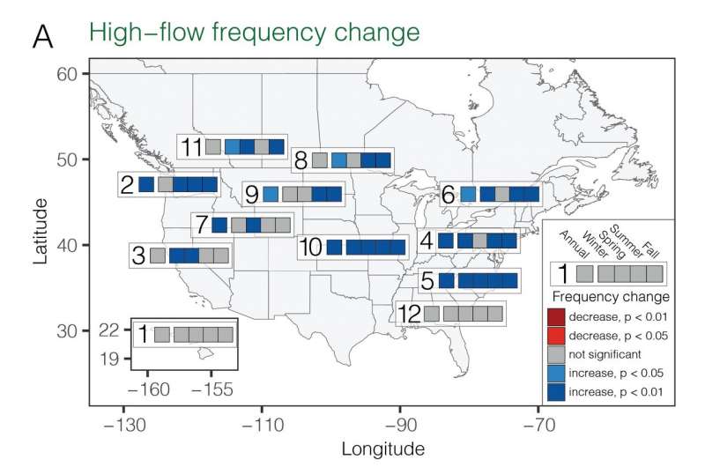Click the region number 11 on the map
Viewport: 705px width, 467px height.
[x=190, y=146]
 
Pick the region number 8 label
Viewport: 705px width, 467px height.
[x=301, y=161]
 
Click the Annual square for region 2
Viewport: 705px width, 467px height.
[x=146, y=185]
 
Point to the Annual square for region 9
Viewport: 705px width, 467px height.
[x=271, y=193]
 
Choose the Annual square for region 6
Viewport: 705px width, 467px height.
[x=468, y=194]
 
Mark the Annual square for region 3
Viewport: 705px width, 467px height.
[x=157, y=256]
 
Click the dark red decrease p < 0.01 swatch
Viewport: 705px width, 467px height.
[x=555, y=317]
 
